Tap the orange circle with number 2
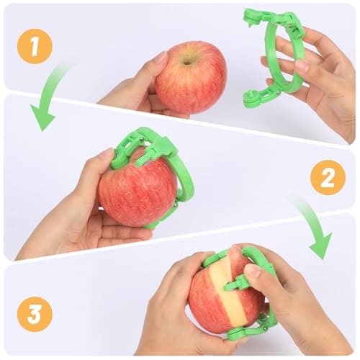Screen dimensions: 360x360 pos(328,176)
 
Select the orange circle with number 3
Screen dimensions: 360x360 pos(35,314)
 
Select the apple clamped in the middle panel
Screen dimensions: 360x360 pos(137,194)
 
